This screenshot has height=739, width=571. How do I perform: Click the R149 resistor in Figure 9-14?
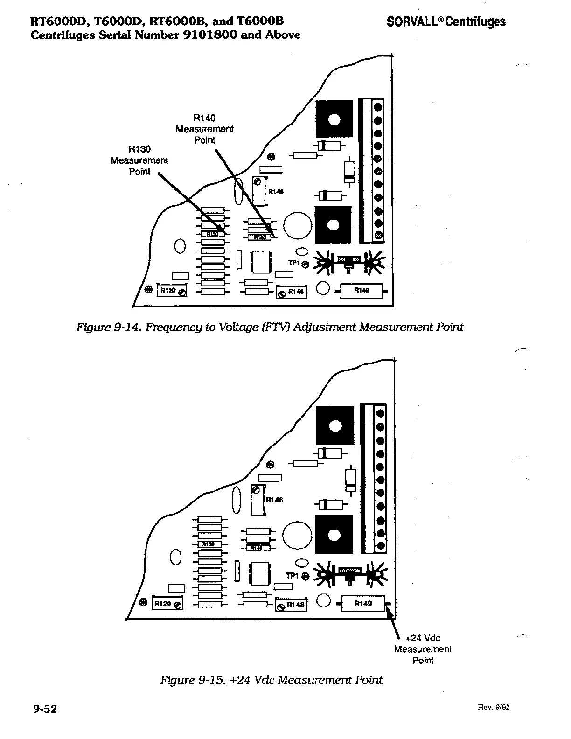(362, 291)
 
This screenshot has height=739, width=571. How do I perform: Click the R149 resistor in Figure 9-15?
(363, 603)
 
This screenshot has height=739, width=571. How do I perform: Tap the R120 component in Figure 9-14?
(172, 290)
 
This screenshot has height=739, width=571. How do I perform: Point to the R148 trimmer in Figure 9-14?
(292, 292)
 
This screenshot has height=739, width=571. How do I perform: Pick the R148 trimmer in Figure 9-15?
(291, 605)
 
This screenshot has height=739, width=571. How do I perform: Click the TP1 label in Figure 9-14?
(293, 263)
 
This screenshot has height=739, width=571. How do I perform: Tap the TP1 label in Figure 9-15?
(292, 576)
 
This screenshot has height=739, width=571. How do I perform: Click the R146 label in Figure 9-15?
(274, 500)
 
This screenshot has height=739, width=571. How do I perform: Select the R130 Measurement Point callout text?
(139, 160)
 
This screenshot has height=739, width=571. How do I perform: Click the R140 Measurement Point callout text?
(204, 129)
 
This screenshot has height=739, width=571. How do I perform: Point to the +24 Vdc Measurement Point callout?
(423, 649)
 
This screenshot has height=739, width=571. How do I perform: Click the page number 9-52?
(45, 709)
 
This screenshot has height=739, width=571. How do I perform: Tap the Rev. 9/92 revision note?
(494, 707)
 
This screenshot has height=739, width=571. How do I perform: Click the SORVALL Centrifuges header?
(446, 21)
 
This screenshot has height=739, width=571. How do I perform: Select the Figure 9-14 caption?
(270, 327)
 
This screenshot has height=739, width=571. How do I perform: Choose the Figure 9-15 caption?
(271, 680)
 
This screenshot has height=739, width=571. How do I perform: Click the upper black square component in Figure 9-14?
(334, 119)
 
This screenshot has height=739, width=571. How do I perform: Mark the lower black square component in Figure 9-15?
(334, 534)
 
